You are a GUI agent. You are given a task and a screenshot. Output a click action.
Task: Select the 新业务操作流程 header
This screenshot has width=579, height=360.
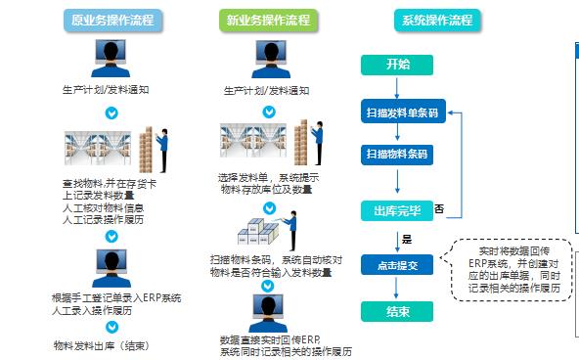[x=267, y=19]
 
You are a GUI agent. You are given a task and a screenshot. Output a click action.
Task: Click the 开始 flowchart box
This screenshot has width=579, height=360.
[x=397, y=65]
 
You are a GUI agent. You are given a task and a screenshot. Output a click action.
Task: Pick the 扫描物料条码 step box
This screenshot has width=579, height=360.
[x=397, y=154]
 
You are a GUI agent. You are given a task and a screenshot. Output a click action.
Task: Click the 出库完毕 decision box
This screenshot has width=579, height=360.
[x=397, y=210]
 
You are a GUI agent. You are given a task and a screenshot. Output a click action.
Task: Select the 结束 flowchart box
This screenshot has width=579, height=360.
[x=397, y=311]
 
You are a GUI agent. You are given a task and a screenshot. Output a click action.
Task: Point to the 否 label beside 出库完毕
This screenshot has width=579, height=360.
[x=439, y=208]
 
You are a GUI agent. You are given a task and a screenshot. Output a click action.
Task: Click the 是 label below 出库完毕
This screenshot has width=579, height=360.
[x=405, y=238]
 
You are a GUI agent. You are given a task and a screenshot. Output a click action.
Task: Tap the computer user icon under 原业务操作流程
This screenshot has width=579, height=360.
[x=111, y=61]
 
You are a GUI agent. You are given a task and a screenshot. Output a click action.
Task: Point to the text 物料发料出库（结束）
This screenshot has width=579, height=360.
[x=101, y=344]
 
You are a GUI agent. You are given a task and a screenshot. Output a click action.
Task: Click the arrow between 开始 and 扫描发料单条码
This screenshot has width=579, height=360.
[x=397, y=86]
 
